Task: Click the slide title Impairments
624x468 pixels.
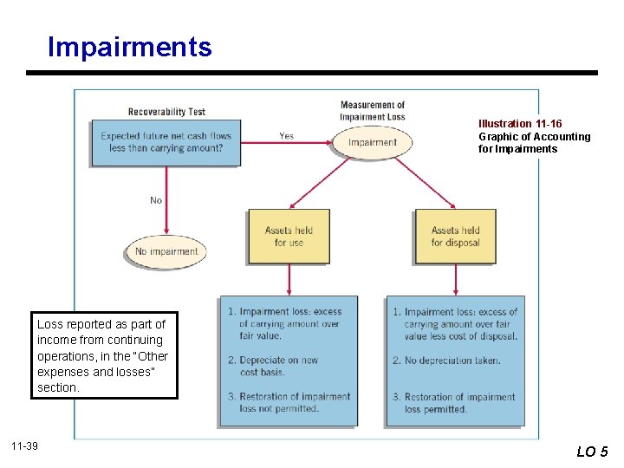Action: [130, 47]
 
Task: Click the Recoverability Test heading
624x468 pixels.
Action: [166, 111]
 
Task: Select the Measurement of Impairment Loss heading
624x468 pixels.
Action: [373, 111]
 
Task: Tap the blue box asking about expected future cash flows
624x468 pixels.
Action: [166, 142]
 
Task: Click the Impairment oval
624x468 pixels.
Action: [373, 142]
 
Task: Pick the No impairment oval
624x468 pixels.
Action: [166, 251]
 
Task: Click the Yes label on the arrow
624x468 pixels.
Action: [286, 135]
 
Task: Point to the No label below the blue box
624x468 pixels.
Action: [156, 200]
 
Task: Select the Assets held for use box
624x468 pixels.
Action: [289, 237]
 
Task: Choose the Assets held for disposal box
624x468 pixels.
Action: [456, 237]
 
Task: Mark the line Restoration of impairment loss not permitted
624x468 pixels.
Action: [289, 402]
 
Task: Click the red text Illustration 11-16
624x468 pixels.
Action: [520, 124]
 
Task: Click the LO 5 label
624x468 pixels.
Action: [592, 451]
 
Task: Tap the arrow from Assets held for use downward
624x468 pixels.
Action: [289, 279]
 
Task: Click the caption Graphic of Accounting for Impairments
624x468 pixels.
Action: [534, 142]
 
